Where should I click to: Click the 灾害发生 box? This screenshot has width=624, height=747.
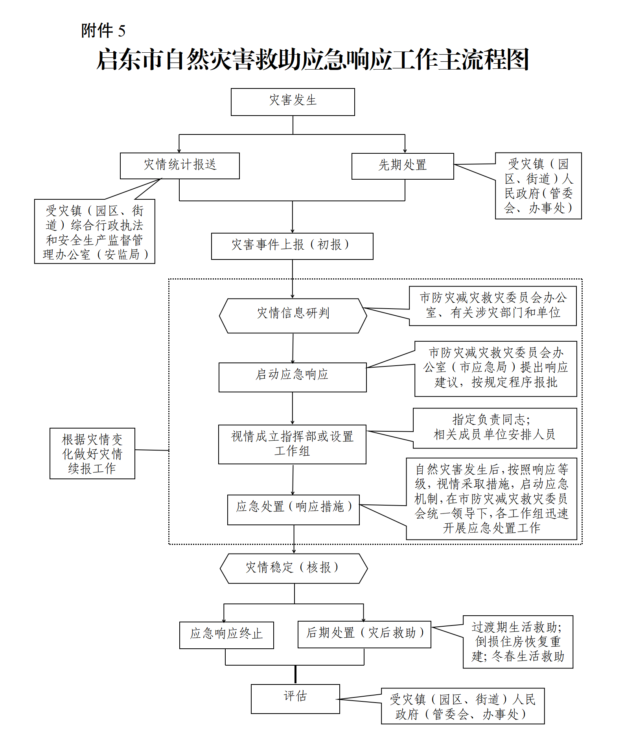click(293, 102)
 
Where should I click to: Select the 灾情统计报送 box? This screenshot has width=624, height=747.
click(180, 166)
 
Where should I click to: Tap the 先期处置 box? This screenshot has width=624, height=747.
click(402, 166)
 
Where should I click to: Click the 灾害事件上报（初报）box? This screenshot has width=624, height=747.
click(292, 246)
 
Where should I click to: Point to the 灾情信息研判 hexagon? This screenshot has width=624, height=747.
click(293, 316)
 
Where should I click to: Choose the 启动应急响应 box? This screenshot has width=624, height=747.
click(292, 377)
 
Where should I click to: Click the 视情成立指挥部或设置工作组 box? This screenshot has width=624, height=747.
click(292, 444)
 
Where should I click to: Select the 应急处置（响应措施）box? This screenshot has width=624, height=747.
click(293, 509)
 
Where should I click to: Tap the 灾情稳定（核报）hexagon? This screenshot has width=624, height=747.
click(293, 568)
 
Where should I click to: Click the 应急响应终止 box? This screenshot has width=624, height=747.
click(226, 635)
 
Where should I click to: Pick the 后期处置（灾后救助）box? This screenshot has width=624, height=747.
click(364, 634)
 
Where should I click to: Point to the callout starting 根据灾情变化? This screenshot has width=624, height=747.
click(92, 453)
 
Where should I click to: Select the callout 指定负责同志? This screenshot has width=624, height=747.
click(494, 428)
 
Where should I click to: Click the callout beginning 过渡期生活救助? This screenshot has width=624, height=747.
click(517, 641)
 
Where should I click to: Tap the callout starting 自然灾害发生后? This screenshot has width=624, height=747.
click(491, 498)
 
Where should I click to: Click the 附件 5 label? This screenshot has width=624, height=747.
click(103, 31)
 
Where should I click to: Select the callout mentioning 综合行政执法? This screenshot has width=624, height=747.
click(94, 232)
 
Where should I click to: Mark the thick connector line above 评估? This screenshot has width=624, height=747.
click(295, 674)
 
